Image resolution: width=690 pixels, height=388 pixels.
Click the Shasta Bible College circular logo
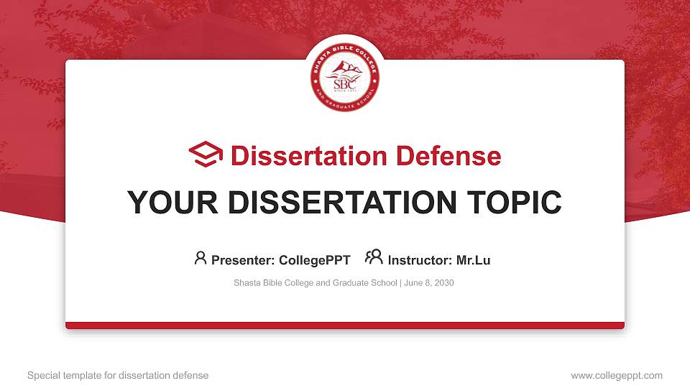coord(345,78)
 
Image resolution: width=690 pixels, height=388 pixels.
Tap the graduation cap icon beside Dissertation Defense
coord(206,155)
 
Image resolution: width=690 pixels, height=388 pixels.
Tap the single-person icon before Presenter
coord(201,258)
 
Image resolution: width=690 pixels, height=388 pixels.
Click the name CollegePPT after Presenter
coord(315,260)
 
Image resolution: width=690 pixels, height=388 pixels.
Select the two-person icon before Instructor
coord(374,257)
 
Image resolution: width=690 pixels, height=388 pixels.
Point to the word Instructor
coord(420,260)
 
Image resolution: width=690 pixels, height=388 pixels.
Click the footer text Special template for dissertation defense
coord(118,375)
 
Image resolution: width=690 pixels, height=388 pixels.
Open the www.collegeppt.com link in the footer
coord(616,375)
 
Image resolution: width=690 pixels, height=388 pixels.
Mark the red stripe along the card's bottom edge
coord(345,325)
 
